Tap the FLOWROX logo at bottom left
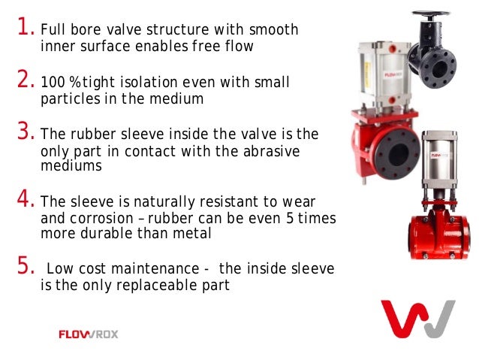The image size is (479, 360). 88,334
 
